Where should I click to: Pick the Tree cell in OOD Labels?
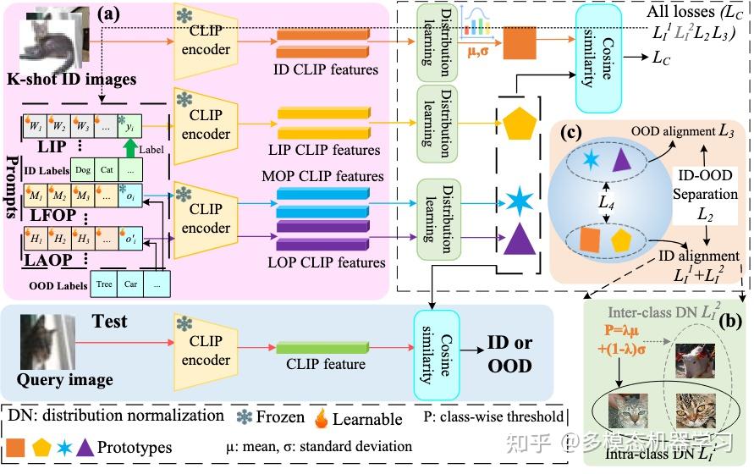(105, 284)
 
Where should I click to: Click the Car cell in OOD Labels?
(130, 284)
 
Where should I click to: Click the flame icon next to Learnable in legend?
(321, 417)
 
